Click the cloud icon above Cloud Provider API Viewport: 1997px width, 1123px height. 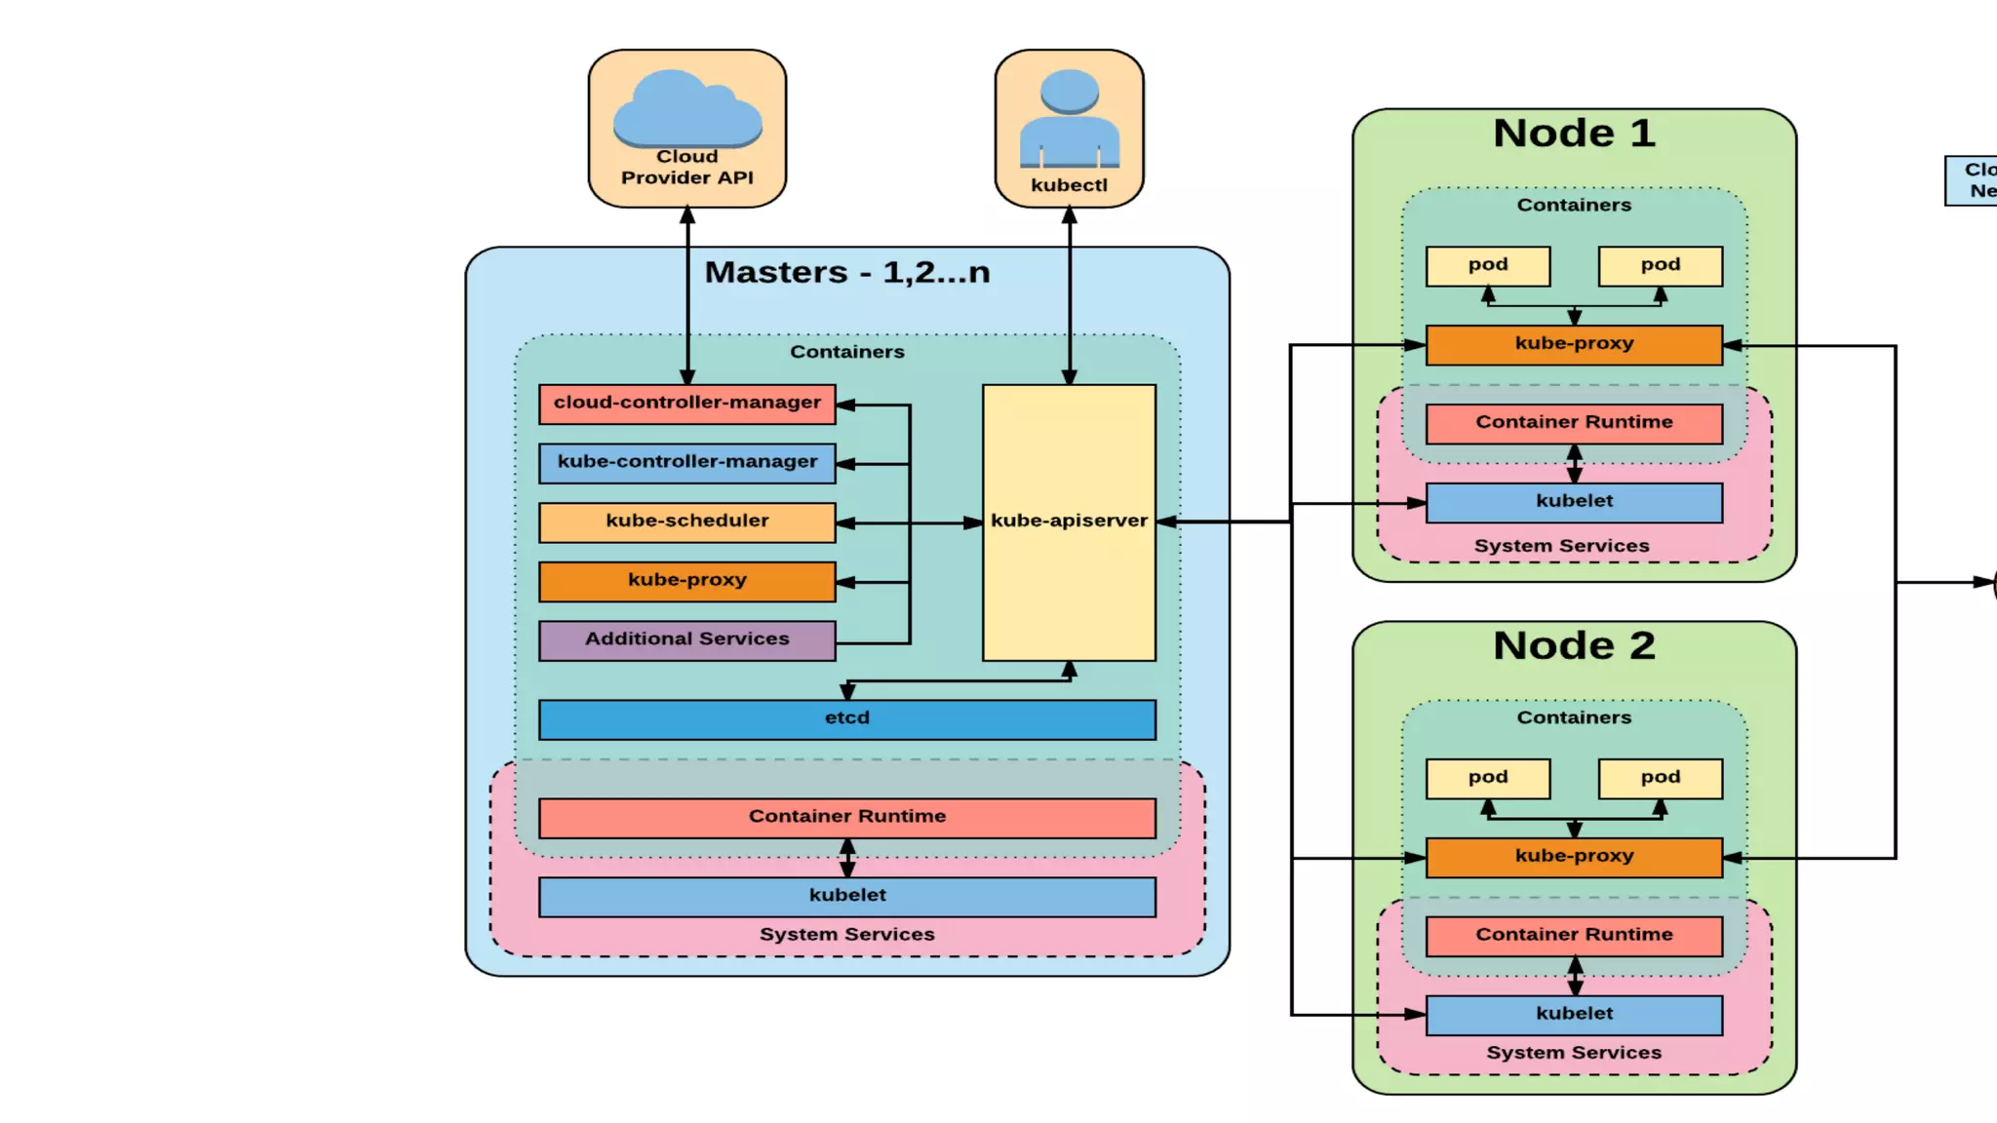coord(687,108)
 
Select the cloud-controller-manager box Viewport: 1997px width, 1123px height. coord(686,404)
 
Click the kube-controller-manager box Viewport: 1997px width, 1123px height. coord(686,463)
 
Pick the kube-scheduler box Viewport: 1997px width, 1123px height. coord(686,522)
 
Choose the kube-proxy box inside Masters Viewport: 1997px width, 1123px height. coord(686,581)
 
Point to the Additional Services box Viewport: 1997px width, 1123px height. coord(686,640)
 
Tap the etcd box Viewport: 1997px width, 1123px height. coord(846,719)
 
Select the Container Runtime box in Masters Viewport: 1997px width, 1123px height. coord(846,818)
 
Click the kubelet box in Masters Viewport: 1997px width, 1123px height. coord(846,896)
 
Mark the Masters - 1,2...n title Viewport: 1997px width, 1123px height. coord(846,272)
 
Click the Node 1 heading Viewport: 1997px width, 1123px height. coord(1574,134)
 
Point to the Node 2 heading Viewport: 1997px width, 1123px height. coord(1574,646)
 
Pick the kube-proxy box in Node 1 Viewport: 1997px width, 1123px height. coord(1574,345)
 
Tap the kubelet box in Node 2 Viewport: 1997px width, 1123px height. coord(1574,1015)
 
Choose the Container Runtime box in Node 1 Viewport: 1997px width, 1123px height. coord(1574,423)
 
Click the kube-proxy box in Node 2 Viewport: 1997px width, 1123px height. coord(1574,857)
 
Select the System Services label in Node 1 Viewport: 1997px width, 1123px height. coord(1561,546)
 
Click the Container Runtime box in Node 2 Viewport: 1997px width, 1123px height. coord(1574,936)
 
